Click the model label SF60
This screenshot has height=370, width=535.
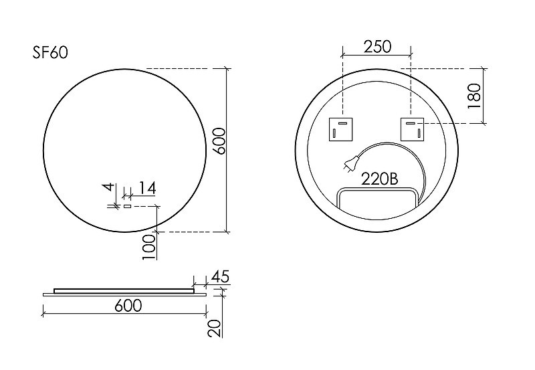50,52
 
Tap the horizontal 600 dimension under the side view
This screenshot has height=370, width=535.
128,306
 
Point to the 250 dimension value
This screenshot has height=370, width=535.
377,47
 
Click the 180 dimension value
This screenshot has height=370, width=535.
474,96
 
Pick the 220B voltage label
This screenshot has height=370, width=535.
379,179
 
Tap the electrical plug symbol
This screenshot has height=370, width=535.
350,163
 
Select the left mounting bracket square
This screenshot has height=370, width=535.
340,129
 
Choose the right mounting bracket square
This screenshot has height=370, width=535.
412,129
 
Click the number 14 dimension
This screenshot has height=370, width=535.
147,189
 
